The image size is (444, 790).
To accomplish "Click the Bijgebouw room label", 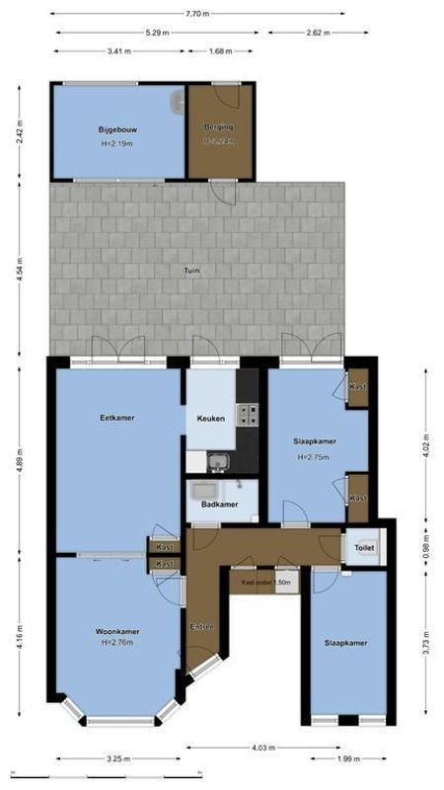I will pyautogui.click(x=115, y=129).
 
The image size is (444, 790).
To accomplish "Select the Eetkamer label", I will pyautogui.click(x=117, y=418).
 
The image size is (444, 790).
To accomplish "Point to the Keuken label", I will pyautogui.click(x=211, y=419).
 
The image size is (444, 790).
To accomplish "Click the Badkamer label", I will pyautogui.click(x=219, y=504).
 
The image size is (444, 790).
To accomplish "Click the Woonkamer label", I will pyautogui.click(x=116, y=631).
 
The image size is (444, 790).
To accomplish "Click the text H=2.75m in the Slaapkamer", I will pyautogui.click(x=312, y=458).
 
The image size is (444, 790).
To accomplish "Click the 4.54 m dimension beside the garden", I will pyautogui.click(x=21, y=269).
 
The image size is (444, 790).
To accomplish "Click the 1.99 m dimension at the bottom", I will pyautogui.click(x=347, y=758).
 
